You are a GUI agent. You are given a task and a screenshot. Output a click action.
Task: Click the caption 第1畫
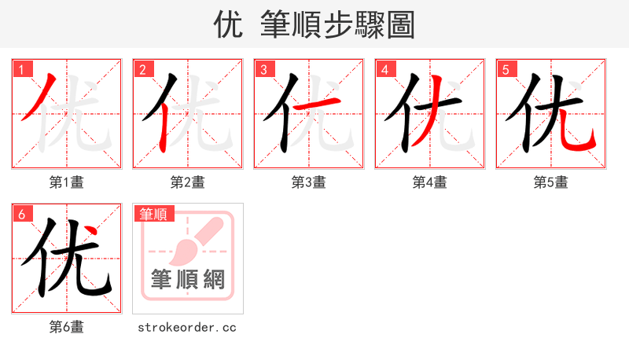pyautogui.click(x=67, y=182)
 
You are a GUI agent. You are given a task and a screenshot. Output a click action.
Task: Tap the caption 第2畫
pyautogui.click(x=188, y=182)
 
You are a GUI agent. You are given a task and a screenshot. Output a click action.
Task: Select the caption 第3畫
pyautogui.click(x=309, y=182)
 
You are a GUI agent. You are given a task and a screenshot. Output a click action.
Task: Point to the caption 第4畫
pyautogui.click(x=430, y=182)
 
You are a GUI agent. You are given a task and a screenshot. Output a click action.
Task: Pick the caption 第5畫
pyautogui.click(x=551, y=182)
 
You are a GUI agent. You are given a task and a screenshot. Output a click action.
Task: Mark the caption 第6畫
pyautogui.click(x=67, y=327)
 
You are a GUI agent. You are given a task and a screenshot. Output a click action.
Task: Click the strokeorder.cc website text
pyautogui.click(x=187, y=327)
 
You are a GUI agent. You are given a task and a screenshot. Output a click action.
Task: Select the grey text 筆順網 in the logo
pyautogui.click(x=188, y=279)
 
